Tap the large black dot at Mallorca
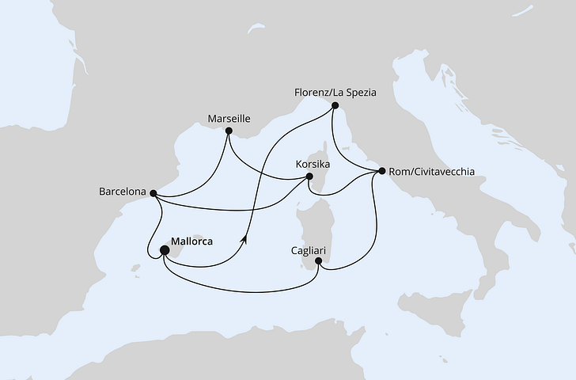click(x=165, y=251)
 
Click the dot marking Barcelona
click(x=153, y=192)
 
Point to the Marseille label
click(x=229, y=118)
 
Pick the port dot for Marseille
click(x=229, y=131)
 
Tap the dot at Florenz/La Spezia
click(x=335, y=105)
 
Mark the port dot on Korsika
click(x=309, y=177)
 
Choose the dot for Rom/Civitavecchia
click(x=382, y=171)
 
